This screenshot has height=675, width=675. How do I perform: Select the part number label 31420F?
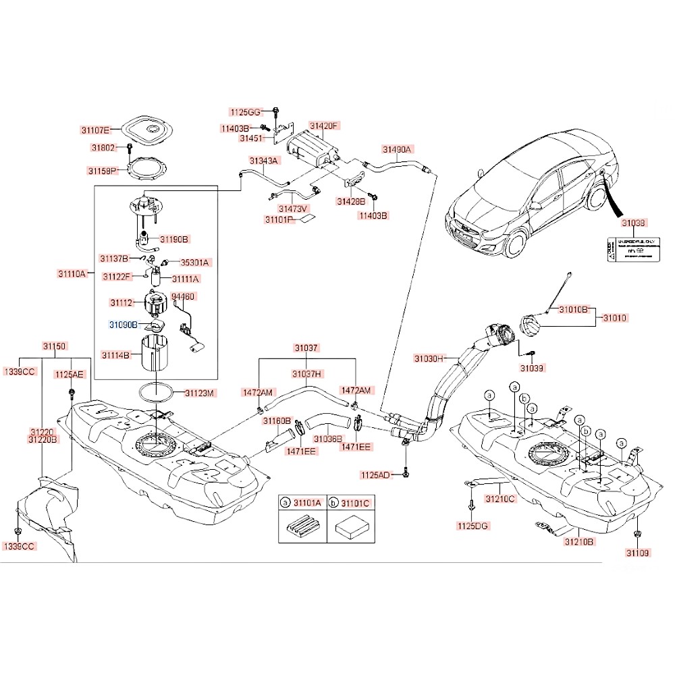click(x=323, y=126)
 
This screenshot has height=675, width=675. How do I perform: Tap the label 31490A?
click(x=397, y=149)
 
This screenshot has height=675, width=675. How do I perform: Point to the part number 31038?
click(x=634, y=222)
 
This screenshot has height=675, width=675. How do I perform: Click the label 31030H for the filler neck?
click(x=429, y=358)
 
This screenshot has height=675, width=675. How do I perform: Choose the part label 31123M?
click(x=200, y=393)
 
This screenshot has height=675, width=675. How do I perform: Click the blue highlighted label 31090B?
click(x=124, y=325)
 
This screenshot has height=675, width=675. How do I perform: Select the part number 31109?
click(x=637, y=553)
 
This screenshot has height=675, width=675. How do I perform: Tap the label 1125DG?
click(x=472, y=526)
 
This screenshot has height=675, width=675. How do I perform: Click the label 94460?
click(x=183, y=296)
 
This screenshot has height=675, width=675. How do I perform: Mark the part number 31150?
click(x=55, y=346)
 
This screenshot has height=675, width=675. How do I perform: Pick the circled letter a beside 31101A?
click(x=285, y=503)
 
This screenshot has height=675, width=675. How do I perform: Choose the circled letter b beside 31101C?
click(x=334, y=503)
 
